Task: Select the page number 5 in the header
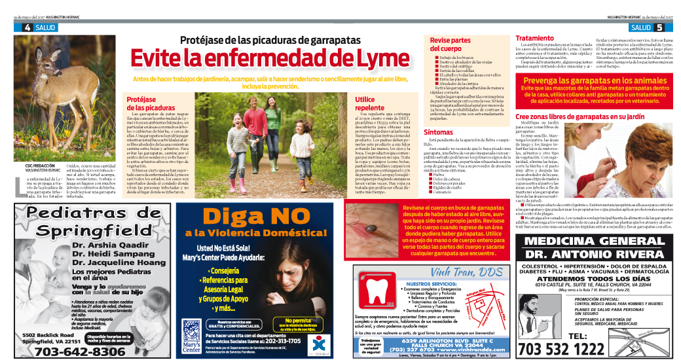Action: click(x=658, y=27)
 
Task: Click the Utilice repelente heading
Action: click(x=369, y=103)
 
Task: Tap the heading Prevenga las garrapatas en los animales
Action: click(x=595, y=80)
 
